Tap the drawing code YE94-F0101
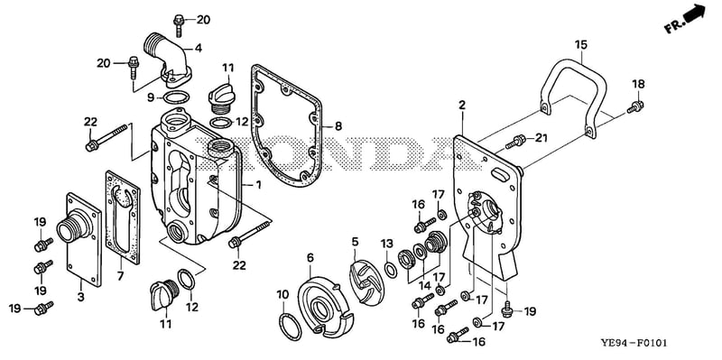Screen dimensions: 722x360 point(633,343)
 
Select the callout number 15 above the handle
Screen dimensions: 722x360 point(581,44)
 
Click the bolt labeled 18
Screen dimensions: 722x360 point(635,106)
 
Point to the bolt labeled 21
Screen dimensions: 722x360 point(515,142)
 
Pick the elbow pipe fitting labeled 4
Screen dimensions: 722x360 point(167,60)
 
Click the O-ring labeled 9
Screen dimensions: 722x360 point(176,97)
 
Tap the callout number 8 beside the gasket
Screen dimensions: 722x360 point(338,125)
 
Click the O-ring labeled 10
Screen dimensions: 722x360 point(291,327)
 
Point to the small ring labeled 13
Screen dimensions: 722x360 point(391,271)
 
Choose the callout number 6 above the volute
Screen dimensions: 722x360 point(310,258)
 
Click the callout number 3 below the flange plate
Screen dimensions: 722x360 point(81,297)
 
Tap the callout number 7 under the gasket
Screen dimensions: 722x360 point(121,275)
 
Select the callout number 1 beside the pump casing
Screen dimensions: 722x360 point(258,185)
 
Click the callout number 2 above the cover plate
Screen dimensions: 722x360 point(462,106)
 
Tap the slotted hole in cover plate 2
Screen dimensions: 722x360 point(500,174)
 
